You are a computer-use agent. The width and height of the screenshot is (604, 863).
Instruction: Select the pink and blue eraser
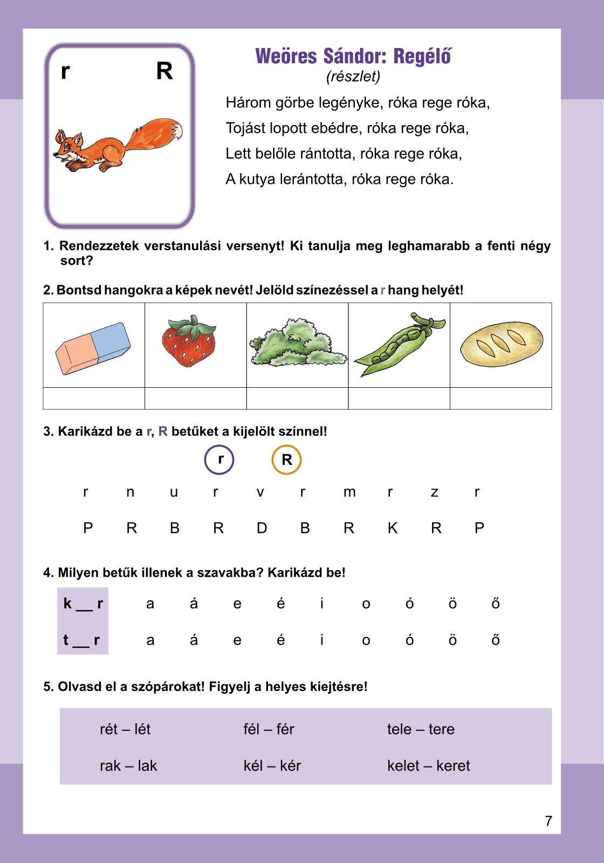pos(93,348)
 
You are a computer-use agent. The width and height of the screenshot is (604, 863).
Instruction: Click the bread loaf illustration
pos(502,344)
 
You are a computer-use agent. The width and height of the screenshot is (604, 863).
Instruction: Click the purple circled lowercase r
pos(219,460)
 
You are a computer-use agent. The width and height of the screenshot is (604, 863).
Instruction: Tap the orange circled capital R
pos(286,460)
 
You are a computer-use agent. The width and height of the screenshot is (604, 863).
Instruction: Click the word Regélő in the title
pos(422,56)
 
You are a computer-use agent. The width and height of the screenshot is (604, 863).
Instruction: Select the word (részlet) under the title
pos(353,77)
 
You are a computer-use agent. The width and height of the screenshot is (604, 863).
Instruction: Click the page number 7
pos(548,821)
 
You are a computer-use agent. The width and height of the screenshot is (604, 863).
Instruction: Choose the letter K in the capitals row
pos(393,528)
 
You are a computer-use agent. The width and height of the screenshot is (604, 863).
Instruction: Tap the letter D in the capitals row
pos(262,528)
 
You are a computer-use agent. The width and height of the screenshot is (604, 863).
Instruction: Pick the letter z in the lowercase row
pos(434,492)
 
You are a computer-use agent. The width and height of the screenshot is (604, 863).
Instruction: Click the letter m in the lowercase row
pos(349,492)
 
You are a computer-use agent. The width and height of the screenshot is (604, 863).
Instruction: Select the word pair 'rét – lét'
pos(125,729)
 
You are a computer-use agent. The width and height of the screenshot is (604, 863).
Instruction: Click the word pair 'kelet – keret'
pos(428,766)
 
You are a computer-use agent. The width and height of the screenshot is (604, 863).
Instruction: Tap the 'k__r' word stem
pos(83,604)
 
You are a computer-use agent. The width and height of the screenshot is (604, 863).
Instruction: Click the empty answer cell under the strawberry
pos(195,399)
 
